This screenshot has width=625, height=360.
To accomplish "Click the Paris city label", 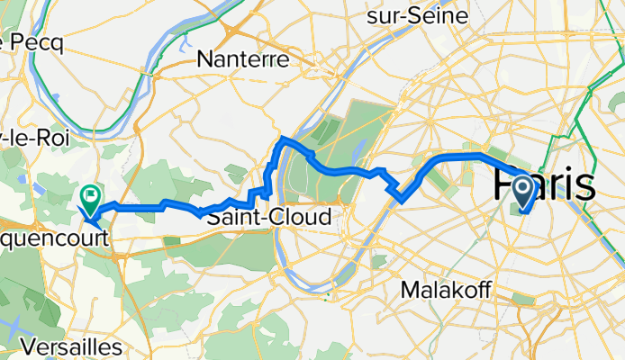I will tap(543, 187).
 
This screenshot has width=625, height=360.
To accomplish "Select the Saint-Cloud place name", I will tap(268, 217).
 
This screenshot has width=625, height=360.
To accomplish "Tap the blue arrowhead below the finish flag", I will tap(88, 213).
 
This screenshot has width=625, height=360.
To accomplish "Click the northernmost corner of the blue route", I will tap(283, 138).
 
